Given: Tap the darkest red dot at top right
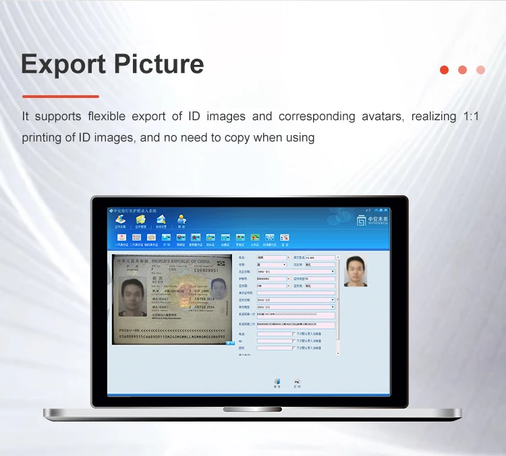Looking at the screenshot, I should [444, 70].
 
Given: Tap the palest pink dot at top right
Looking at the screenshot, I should [480, 70].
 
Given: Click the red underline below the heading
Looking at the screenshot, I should [60, 96].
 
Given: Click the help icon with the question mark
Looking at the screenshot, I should [181, 220].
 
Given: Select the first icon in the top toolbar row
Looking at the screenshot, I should [121, 220].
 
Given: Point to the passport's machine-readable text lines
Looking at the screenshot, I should [172, 333].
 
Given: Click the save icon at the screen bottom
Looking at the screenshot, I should [277, 382].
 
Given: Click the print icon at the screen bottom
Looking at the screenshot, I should [297, 382].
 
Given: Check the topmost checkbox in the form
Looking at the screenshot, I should [293, 333].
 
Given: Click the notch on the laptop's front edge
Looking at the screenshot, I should [252, 409].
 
